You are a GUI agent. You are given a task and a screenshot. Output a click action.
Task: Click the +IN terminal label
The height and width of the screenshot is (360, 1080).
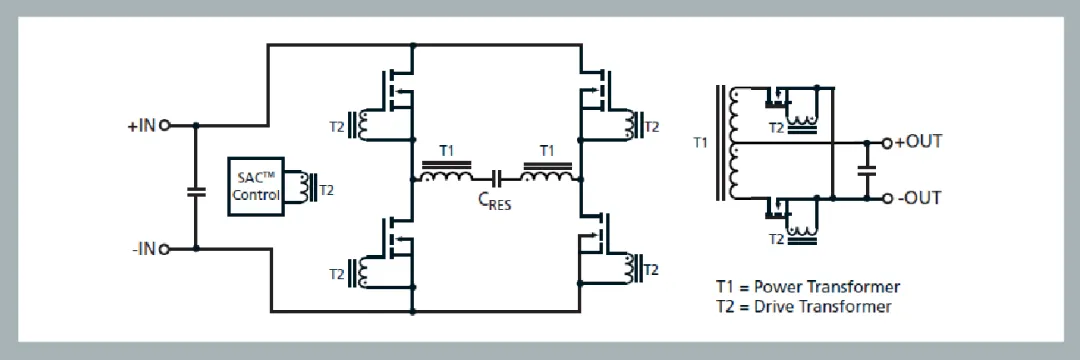coord(140,126)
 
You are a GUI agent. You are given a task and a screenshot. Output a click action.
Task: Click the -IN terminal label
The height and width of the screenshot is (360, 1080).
coord(143,249)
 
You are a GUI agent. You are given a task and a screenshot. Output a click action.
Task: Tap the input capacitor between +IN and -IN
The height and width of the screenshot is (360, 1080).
coord(195,188)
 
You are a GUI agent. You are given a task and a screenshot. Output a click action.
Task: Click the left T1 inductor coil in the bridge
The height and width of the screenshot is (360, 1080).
coord(446,177)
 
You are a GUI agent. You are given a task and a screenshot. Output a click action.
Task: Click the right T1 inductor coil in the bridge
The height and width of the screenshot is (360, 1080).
coord(547,177)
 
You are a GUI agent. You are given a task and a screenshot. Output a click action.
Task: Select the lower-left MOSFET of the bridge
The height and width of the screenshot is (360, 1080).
coord(395,238)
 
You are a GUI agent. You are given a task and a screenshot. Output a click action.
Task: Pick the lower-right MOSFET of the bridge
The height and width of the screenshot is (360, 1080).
coord(598,238)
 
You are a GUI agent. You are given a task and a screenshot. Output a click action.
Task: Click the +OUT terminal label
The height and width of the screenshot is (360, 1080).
coord(917,142)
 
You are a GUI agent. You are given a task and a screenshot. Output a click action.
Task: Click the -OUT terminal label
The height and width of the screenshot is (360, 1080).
coord(918,198)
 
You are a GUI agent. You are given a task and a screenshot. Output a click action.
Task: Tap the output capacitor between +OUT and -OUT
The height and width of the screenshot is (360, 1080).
coord(867,170)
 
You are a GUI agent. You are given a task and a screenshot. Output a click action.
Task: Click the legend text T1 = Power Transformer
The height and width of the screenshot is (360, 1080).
coord(808,287)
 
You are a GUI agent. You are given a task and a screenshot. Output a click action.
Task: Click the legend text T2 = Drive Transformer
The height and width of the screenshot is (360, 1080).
coord(804,306)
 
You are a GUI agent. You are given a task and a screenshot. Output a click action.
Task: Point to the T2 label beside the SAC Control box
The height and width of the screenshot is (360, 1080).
coord(326,187)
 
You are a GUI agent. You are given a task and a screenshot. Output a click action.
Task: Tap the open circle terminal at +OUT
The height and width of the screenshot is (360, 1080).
coord(887,143)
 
